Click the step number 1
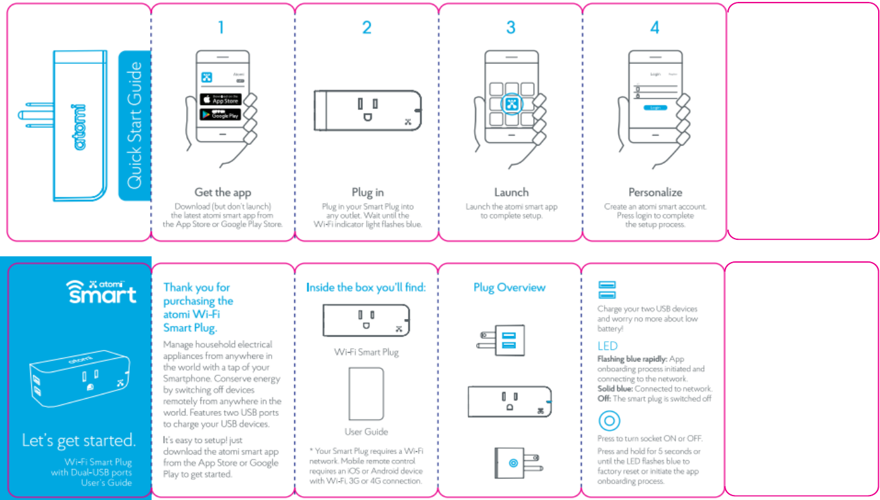pyautogui.click(x=221, y=27)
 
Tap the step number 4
pyautogui.click(x=654, y=27)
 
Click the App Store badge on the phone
pyautogui.click(x=220, y=99)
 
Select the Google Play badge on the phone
pyautogui.click(x=220, y=115)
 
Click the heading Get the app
pyautogui.click(x=222, y=192)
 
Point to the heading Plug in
pyautogui.click(x=367, y=192)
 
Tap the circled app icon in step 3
pyautogui.click(x=512, y=104)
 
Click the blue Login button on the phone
pyautogui.click(x=655, y=108)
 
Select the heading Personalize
pyautogui.click(x=655, y=192)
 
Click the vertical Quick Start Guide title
pyautogui.click(x=135, y=125)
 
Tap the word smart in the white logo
pyautogui.click(x=102, y=294)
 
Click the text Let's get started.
pyautogui.click(x=79, y=440)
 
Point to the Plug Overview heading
pyautogui.click(x=509, y=287)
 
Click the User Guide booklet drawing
pyautogui.click(x=366, y=393)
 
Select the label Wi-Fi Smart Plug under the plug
pyautogui.click(x=367, y=352)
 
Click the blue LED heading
pyautogui.click(x=607, y=346)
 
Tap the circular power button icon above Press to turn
pyautogui.click(x=609, y=421)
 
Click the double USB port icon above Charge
pyautogui.click(x=607, y=290)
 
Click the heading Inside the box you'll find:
pyautogui.click(x=366, y=287)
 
